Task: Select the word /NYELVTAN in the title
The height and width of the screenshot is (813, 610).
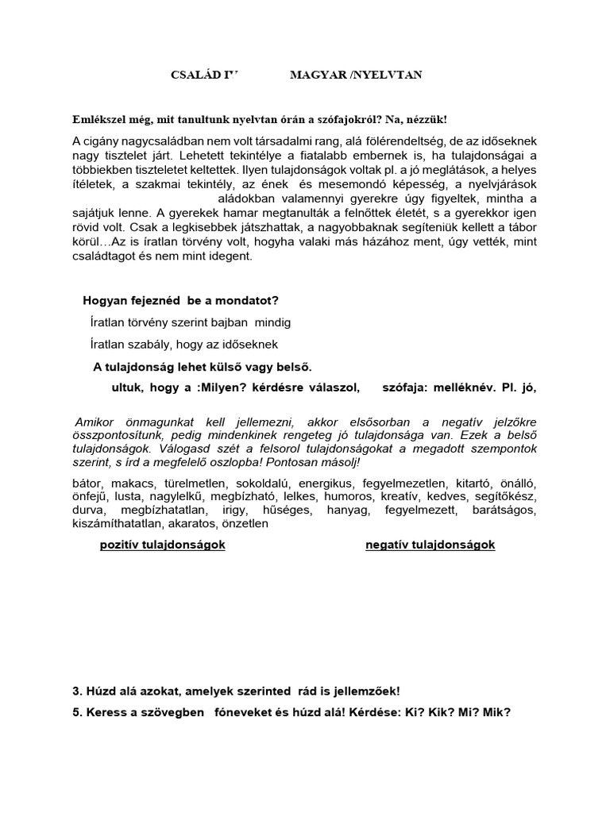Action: [392, 75]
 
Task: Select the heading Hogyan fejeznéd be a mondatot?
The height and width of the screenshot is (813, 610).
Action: [180, 300]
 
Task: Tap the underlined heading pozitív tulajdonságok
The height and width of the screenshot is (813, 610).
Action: [163, 545]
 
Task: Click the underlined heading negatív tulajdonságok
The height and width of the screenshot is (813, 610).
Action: [430, 545]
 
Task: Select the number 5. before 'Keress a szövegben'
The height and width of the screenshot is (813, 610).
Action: [77, 712]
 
